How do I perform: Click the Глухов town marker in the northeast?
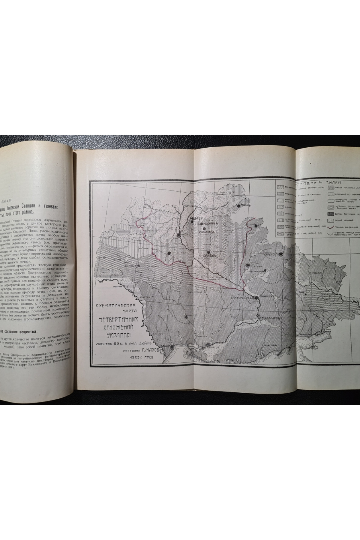[x=239, y=206]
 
